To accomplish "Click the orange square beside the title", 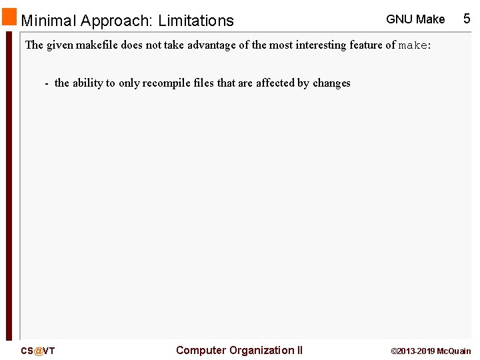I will (9, 17).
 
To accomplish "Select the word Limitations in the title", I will (196, 21).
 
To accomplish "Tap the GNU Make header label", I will (415, 19).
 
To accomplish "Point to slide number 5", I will (467, 19).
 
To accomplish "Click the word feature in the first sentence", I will (367, 45).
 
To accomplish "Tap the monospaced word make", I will (413, 46).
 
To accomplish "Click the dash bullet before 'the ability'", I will (46, 83).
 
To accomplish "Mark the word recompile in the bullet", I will (165, 83).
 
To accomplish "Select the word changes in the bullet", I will (331, 83).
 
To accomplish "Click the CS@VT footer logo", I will (38, 351).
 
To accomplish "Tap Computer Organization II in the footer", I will (239, 350).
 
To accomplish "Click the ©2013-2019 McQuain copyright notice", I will (431, 351).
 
